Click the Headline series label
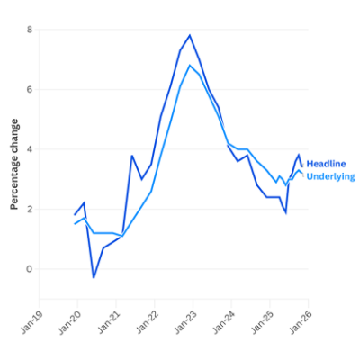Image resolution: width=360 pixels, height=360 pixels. point(325,164)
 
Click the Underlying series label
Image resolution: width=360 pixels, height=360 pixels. point(330,176)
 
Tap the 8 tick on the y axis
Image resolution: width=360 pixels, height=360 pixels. point(30,30)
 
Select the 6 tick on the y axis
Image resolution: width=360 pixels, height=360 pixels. point(30,90)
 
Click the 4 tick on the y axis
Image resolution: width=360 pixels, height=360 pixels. point(30,149)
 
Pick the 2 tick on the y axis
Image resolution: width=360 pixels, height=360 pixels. point(30,209)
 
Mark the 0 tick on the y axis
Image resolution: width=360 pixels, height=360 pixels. point(30,269)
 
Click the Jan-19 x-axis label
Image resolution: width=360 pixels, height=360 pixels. point(31,321)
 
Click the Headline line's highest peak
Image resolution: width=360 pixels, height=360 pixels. point(190,36)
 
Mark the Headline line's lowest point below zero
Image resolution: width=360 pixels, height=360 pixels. point(94,277)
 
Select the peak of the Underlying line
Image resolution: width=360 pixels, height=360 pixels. point(190,66)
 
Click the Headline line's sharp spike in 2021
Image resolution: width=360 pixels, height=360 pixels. point(132,156)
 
